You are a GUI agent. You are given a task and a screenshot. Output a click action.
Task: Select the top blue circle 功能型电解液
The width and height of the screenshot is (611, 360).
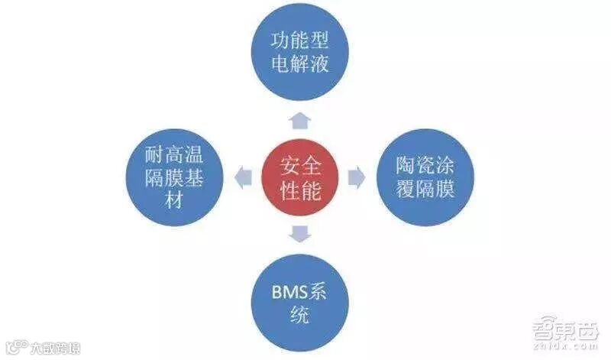(x=299, y=52)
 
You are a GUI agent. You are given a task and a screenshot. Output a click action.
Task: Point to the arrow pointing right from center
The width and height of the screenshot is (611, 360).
(x=355, y=177)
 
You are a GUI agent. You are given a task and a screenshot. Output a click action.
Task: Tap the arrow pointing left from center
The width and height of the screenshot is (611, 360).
(x=243, y=177)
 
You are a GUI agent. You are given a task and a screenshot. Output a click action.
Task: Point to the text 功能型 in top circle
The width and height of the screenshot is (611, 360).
(x=299, y=41)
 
